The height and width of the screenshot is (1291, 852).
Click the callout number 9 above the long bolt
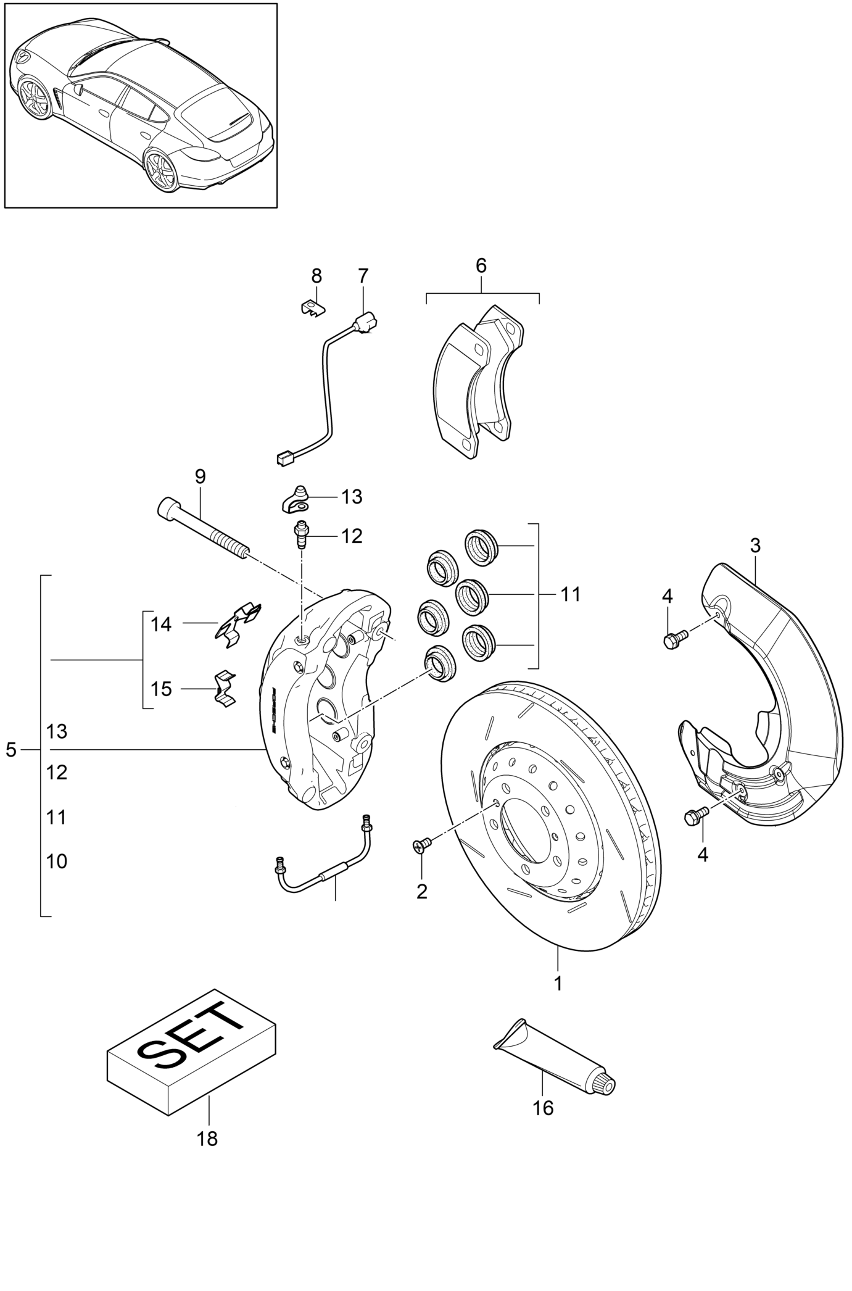coord(200,476)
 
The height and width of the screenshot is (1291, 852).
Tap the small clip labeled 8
coord(314,307)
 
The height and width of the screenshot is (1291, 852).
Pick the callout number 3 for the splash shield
coord(755,546)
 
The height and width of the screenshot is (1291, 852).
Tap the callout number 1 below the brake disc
coord(558,984)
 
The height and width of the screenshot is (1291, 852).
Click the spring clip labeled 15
coord(226,688)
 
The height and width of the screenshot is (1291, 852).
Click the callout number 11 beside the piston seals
coord(571,594)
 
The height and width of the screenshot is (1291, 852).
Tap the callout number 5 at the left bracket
coord(10,750)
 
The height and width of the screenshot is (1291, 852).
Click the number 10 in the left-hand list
coord(57,861)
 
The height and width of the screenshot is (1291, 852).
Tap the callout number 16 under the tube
coord(543,1108)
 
